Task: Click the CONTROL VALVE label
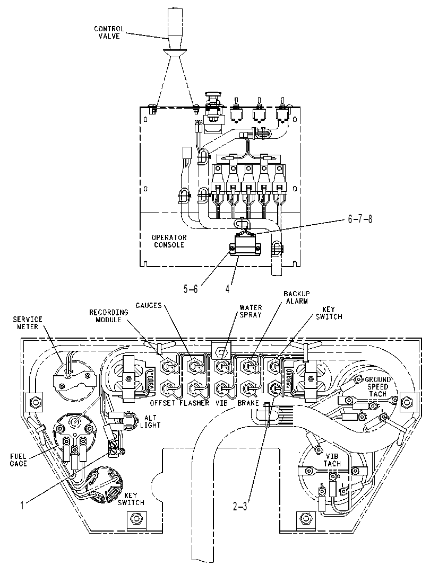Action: point(109,32)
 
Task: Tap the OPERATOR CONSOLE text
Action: point(169,241)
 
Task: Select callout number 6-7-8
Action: point(360,219)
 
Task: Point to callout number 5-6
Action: point(191,289)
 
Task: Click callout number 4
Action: point(228,289)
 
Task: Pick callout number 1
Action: point(22,506)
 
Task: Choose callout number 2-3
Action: point(240,507)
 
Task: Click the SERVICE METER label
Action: point(28,323)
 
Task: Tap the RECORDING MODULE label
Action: point(109,316)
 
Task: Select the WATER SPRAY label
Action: point(251,311)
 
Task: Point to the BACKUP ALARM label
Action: point(296,297)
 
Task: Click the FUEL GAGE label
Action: point(19,460)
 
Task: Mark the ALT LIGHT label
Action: point(150,421)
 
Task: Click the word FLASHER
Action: point(194,403)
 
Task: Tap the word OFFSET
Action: point(162,403)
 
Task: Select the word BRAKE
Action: point(248,403)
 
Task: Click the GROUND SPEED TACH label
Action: point(377,387)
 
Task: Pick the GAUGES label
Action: point(149,305)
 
